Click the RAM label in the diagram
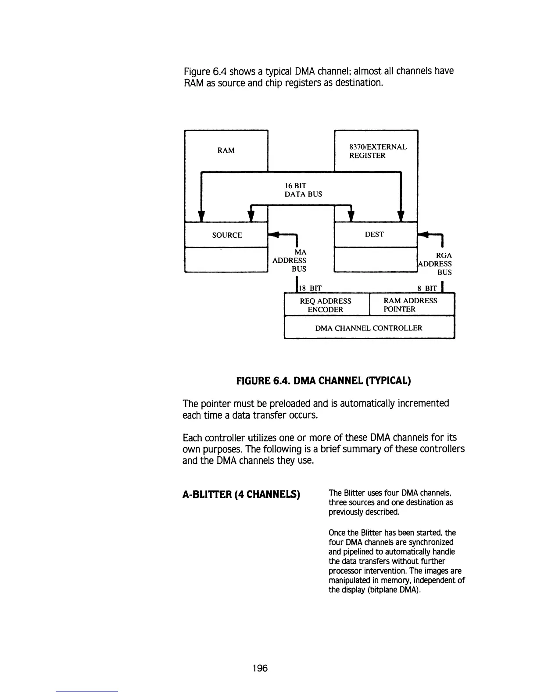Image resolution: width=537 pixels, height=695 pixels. pos(226,150)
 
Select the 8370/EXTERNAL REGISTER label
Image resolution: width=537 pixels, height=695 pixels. pos(378,151)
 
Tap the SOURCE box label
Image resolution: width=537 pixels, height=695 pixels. pos(227,235)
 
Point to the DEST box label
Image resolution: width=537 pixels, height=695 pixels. pos(374,234)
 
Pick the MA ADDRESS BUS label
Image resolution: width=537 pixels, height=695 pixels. pos(290,261)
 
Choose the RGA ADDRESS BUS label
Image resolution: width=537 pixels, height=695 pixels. pos(436,264)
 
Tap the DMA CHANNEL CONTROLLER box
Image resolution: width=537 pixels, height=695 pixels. pos(369,328)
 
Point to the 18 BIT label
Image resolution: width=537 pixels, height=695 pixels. pos(310,288)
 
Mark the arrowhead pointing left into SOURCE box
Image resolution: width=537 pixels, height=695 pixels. pos(273,234)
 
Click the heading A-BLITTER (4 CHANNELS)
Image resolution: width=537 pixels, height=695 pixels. pos(241,495)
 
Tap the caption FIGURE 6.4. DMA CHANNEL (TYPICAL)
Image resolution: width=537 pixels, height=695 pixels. pos(323,380)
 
